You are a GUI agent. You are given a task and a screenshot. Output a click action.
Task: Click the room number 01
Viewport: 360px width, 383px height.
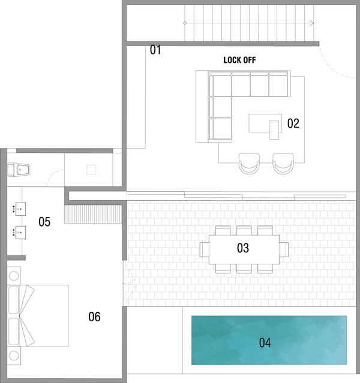(155, 50)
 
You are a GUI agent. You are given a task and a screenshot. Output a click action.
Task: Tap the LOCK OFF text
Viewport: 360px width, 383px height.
(239, 60)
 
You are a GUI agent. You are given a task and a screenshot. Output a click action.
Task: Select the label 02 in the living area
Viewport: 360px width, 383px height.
(293, 123)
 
